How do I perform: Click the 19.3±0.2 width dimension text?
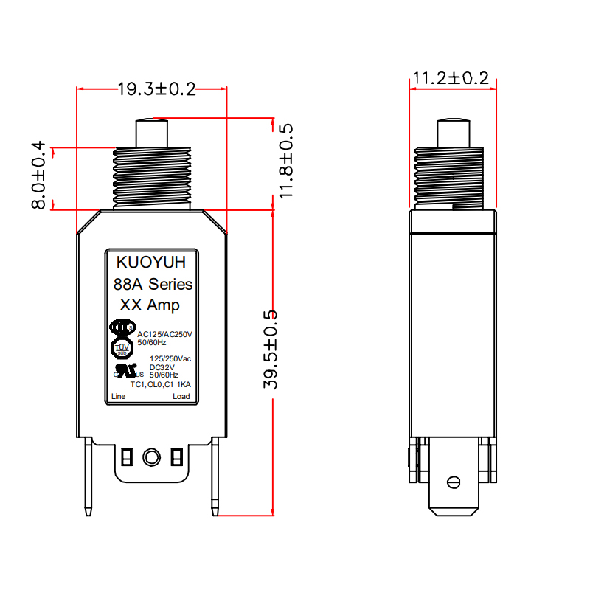click(x=156, y=89)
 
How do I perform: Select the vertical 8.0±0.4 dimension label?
click(x=38, y=176)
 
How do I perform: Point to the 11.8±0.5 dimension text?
click(x=285, y=161)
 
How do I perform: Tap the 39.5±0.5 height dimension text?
click(x=271, y=350)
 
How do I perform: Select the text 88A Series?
click(x=153, y=284)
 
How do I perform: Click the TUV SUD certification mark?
click(x=122, y=347)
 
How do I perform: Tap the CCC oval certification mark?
click(x=122, y=327)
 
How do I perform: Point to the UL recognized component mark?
click(x=122, y=370)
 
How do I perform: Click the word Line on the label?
click(x=118, y=397)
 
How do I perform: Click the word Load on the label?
click(x=181, y=397)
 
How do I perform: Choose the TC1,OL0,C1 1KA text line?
click(x=160, y=384)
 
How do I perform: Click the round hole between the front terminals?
click(x=151, y=457)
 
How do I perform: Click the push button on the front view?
click(x=151, y=133)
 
